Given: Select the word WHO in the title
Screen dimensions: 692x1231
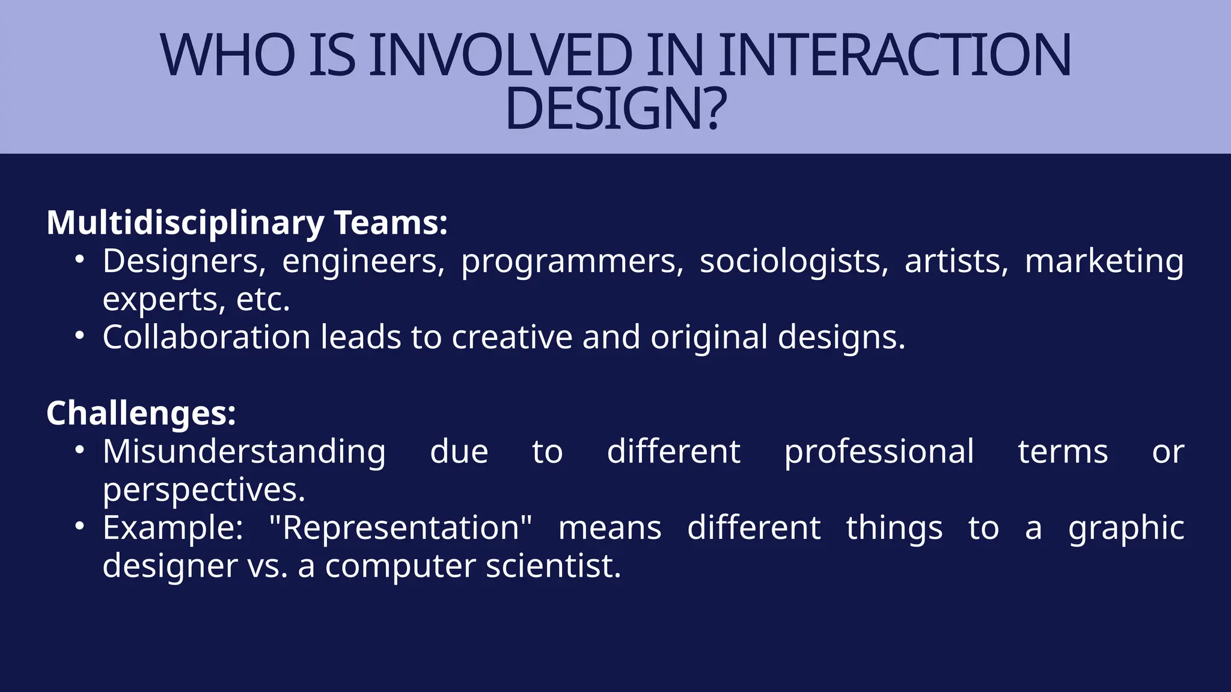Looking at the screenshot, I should click(x=228, y=55).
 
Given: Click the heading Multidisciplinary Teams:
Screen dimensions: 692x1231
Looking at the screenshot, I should click(x=247, y=223).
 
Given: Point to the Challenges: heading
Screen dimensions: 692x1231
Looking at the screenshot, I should click(x=141, y=414).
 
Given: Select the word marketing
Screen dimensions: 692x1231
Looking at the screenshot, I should click(x=1104, y=262).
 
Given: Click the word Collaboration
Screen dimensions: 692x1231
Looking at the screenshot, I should click(x=206, y=337).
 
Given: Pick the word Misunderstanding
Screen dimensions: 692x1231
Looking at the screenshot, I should click(x=244, y=452).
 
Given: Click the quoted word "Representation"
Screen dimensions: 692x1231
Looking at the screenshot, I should click(x=400, y=529).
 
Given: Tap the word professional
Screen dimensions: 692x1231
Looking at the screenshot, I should click(x=879, y=452).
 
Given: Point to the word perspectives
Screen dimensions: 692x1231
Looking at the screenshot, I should click(x=204, y=491).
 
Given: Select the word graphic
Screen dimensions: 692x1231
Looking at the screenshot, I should click(x=1126, y=529).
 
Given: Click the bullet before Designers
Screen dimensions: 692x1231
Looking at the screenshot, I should click(x=80, y=260).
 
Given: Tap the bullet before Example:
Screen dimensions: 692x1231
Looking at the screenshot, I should click(x=80, y=527).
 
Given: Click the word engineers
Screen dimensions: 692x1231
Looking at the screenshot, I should click(x=363, y=262).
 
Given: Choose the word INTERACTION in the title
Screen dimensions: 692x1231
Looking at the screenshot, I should click(x=894, y=55).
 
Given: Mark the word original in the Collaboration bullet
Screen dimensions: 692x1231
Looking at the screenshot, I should click(x=709, y=337).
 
